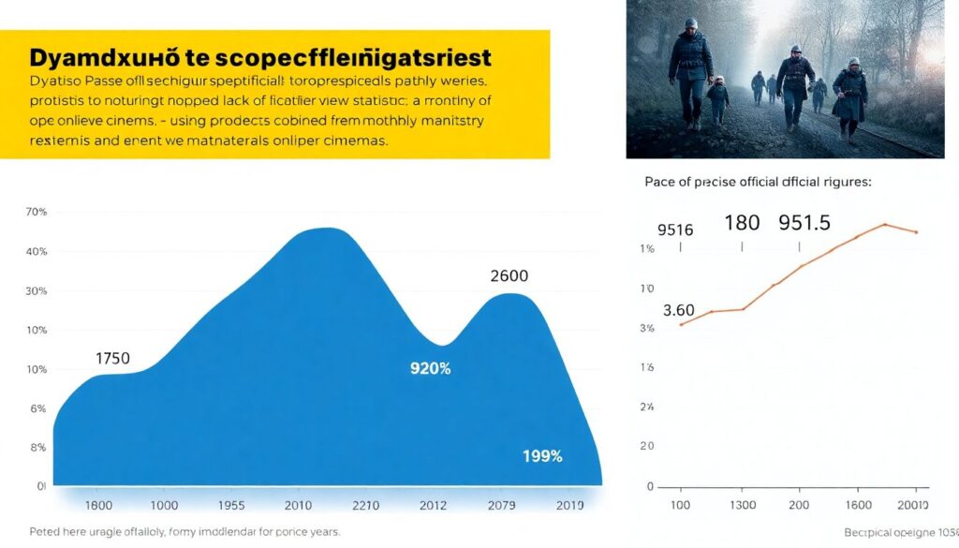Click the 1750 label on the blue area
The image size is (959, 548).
pyautogui.click(x=112, y=358)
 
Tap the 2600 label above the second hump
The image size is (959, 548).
pyautogui.click(x=509, y=276)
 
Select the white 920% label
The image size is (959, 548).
pyautogui.click(x=430, y=369)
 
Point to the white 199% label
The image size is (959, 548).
pyautogui.click(x=542, y=457)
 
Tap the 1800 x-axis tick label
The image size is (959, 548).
pyautogui.click(x=98, y=506)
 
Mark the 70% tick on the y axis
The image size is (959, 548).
pyautogui.click(x=36, y=213)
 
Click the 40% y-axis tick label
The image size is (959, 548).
pyautogui.click(x=36, y=252)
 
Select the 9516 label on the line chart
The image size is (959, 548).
pyautogui.click(x=674, y=230)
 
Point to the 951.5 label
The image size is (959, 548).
pyautogui.click(x=804, y=224)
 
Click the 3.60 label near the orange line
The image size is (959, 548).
pyautogui.click(x=678, y=310)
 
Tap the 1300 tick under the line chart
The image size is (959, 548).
pyautogui.click(x=743, y=506)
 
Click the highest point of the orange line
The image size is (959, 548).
pyautogui.click(x=884, y=225)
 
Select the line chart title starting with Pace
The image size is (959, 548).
pyautogui.click(x=758, y=183)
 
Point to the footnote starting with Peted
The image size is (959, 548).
pyautogui.click(x=184, y=532)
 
